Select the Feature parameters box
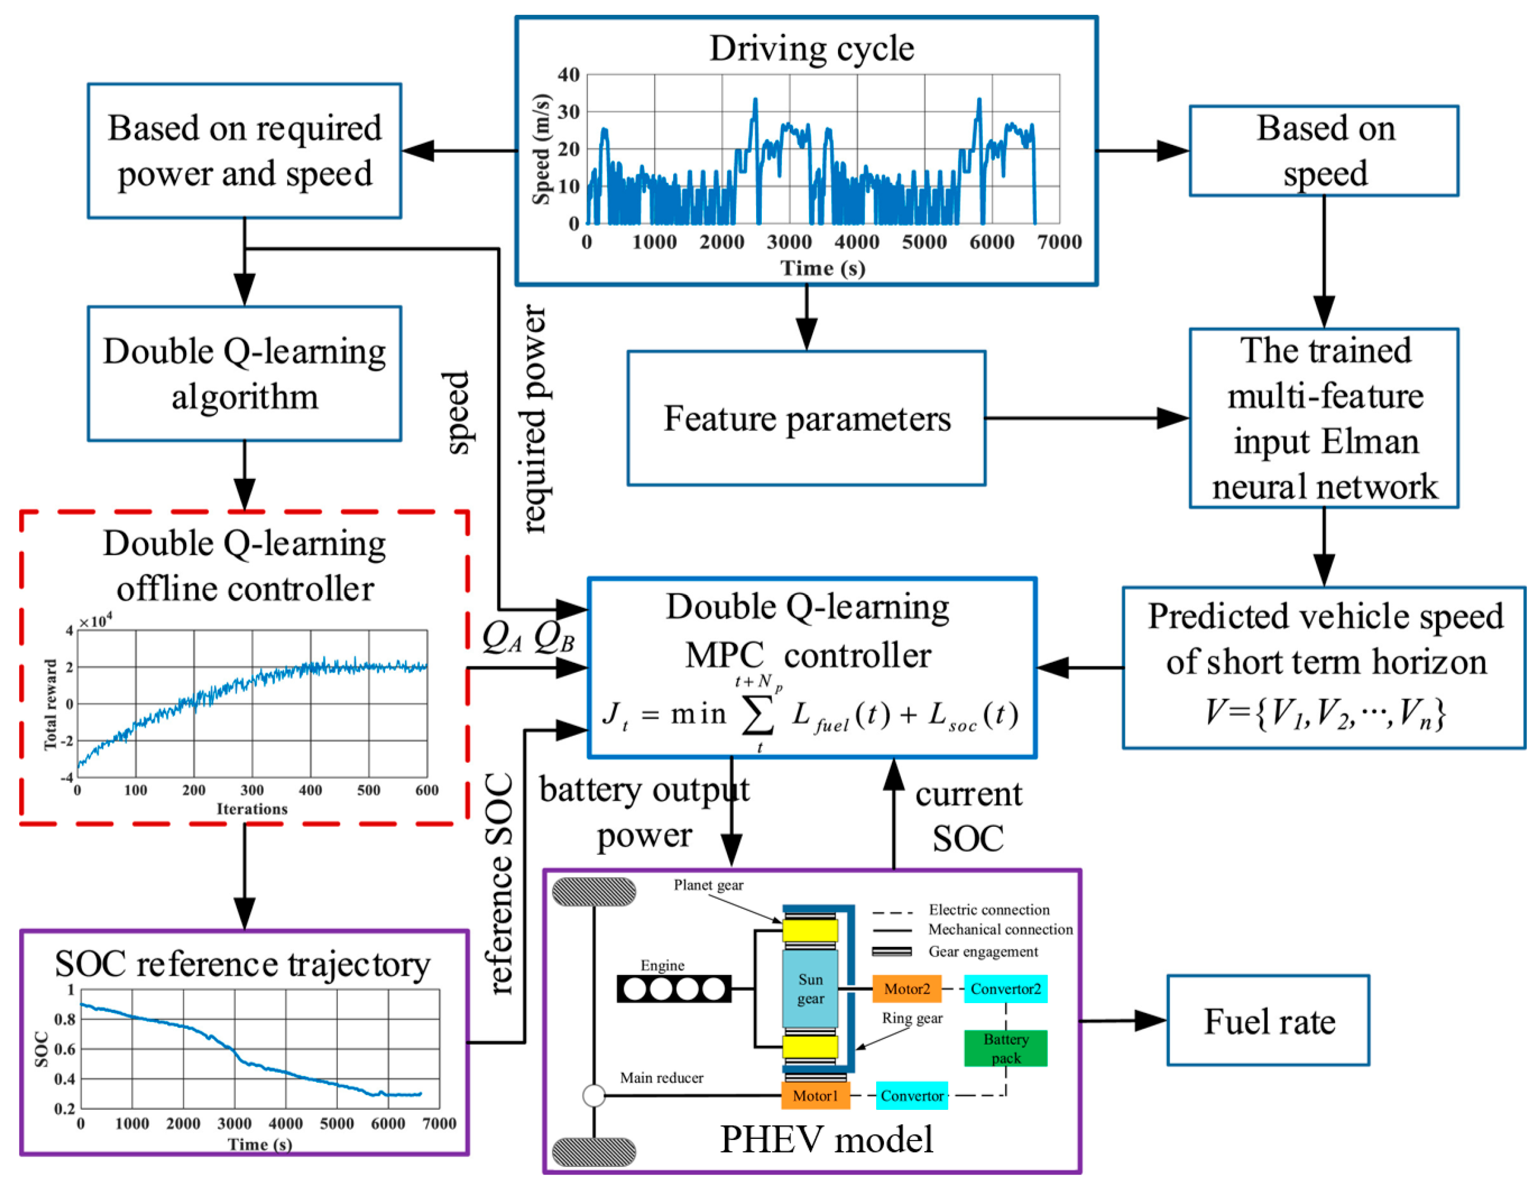(806, 418)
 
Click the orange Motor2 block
(907, 989)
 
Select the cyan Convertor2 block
(1005, 989)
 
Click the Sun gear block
(810, 989)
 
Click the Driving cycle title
(812, 49)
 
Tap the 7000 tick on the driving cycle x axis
(1059, 243)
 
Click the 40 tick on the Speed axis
(568, 74)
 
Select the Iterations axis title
(252, 809)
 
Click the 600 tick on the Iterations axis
(426, 790)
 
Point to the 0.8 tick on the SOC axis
(65, 1019)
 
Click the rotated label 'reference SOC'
(501, 884)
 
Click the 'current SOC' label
(969, 816)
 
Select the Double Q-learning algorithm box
(244, 374)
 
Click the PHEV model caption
(827, 1139)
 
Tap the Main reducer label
(661, 1077)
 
